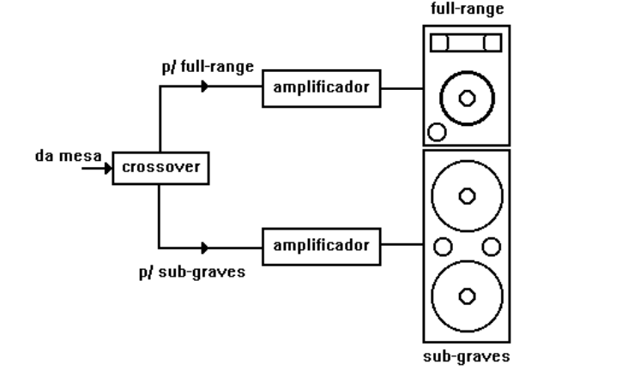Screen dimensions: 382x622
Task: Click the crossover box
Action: [x=160, y=167]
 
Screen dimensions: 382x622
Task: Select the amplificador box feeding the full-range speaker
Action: [x=321, y=88]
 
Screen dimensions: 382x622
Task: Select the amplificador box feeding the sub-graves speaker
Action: [x=321, y=247]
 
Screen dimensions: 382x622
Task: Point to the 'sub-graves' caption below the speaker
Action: [x=467, y=355]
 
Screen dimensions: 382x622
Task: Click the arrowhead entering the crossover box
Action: [x=108, y=168]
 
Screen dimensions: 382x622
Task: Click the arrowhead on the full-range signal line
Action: [x=204, y=87]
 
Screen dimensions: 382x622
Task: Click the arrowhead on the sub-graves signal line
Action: [x=204, y=248]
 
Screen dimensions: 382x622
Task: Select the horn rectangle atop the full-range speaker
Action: [x=466, y=43]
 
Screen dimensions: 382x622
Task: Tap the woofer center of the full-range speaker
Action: [x=468, y=98]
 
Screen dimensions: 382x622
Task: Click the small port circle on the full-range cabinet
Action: [x=437, y=132]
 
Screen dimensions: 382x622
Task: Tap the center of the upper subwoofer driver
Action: [x=468, y=196]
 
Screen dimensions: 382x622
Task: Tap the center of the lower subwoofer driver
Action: [x=468, y=296]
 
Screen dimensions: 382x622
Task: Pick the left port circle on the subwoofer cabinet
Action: [x=443, y=247]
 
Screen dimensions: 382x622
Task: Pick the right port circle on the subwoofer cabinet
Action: [x=492, y=247]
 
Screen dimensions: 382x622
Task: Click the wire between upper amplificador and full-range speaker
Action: [x=402, y=87]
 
